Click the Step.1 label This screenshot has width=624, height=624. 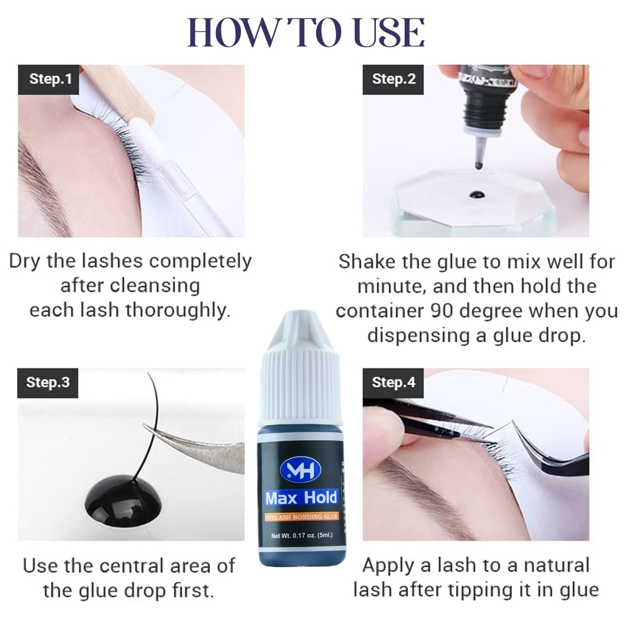click(x=49, y=79)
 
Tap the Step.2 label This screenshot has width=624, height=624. click(x=393, y=79)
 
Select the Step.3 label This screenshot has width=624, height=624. click(x=48, y=383)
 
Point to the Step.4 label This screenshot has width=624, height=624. click(x=393, y=383)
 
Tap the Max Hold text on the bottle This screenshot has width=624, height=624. click(x=301, y=498)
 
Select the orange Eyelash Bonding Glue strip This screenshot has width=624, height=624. click(x=301, y=516)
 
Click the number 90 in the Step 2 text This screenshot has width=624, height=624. click(x=442, y=311)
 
